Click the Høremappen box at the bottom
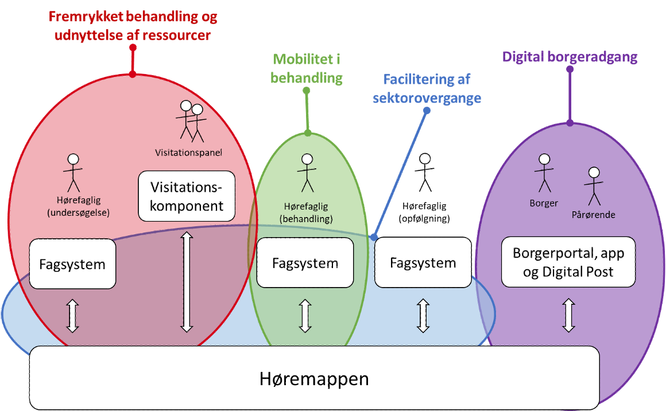coord(314,378)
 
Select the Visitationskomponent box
coord(187,196)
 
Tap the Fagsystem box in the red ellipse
coord(72,264)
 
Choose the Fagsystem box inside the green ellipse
coord(305,263)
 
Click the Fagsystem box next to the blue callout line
coord(423,263)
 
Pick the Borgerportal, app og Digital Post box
coord(568,262)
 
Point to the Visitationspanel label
coord(188,153)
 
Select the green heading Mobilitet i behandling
coord(307,68)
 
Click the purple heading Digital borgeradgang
coord(570,57)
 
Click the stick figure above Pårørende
coord(594,186)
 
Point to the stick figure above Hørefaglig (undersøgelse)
coord(73,173)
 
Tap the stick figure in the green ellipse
coord(307,173)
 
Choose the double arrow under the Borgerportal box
coord(568,315)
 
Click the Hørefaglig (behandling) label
coord(306,214)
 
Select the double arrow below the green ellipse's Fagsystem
coord(305,315)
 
